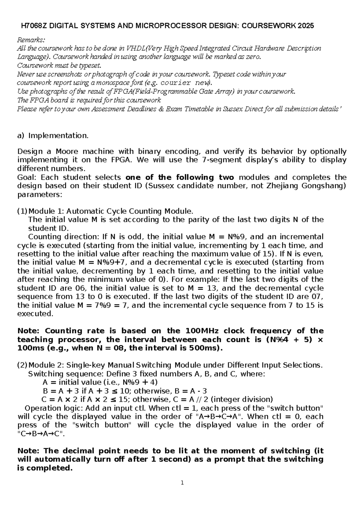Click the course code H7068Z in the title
pos(34,26)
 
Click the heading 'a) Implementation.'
pos(53,136)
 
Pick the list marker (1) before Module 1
pos(22,211)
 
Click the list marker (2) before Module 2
pos(22,365)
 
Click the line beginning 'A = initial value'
pos(100,382)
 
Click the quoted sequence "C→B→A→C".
pos(41,433)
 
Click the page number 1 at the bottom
pos(182,483)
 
